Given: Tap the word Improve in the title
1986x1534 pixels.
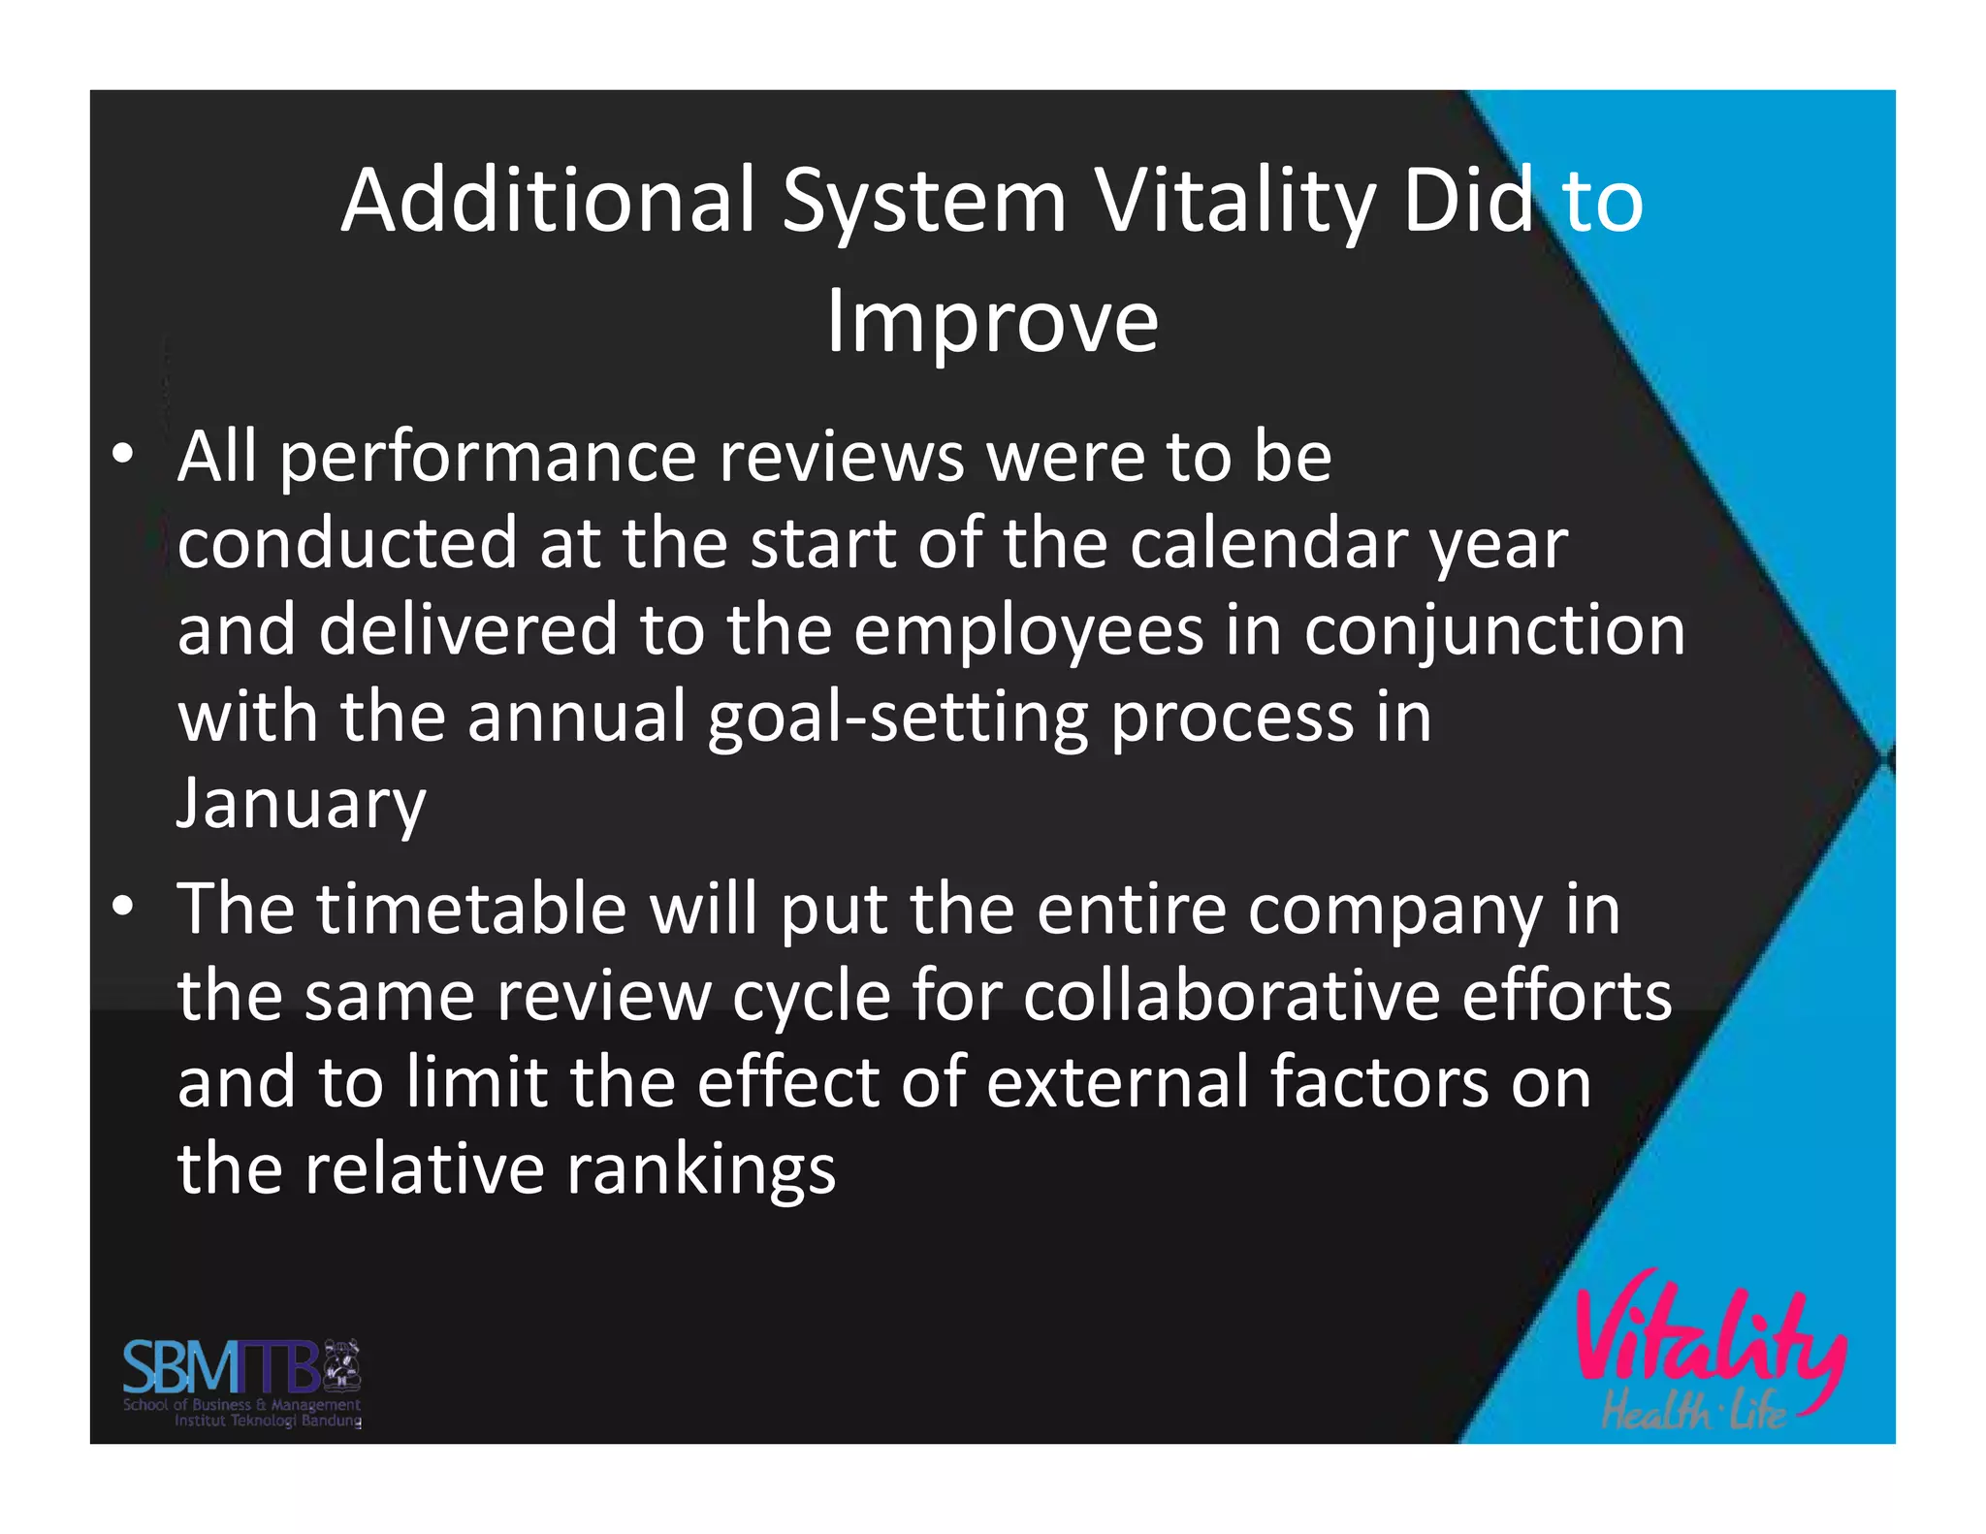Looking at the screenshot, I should click(992, 322).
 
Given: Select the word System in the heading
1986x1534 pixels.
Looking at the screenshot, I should click(924, 204).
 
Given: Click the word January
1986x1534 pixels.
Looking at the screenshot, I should click(301, 803).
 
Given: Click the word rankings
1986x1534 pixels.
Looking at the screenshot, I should click(700, 1169).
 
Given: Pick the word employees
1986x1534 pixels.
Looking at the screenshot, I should click(1029, 630).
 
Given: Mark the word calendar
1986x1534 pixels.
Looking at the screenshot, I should click(1267, 543).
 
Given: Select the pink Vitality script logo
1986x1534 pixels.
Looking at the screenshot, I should click(1710, 1338).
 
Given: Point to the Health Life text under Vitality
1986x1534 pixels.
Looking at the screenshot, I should click(1692, 1411).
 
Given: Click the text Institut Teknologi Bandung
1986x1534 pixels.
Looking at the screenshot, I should click(268, 1421).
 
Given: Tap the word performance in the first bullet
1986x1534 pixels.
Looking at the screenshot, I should click(488, 458).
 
